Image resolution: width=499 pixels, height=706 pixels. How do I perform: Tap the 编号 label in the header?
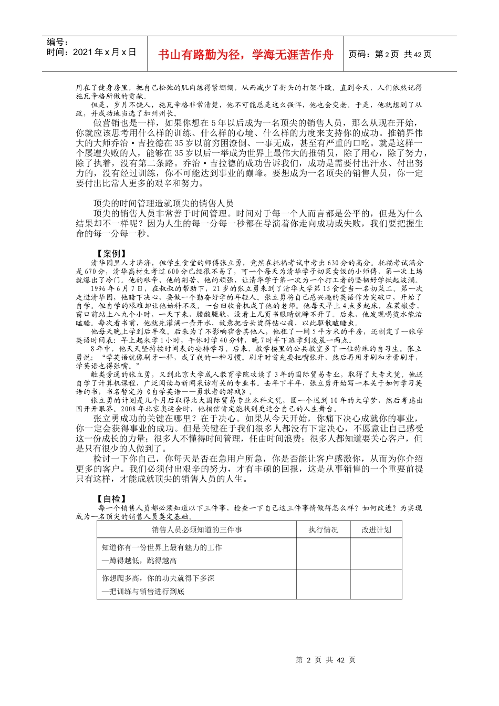tap(57, 43)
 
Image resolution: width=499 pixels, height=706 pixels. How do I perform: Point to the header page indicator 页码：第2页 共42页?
tap(390, 55)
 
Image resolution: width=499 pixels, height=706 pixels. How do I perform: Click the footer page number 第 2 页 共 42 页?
tap(326, 660)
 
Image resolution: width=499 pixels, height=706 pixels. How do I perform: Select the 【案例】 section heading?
tap(112, 254)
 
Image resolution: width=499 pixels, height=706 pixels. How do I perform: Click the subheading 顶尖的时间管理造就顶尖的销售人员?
tap(163, 203)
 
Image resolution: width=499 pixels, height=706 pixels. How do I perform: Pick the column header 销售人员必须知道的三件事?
tap(197, 529)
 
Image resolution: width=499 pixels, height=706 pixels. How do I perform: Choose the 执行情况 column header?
tap(324, 529)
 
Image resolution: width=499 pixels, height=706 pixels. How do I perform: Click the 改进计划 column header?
tap(376, 529)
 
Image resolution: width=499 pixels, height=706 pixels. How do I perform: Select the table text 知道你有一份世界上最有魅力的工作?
tap(162, 547)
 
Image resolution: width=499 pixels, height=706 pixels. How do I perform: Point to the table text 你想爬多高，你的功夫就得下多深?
tap(158, 578)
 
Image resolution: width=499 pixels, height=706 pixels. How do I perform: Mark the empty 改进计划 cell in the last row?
tap(376, 584)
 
